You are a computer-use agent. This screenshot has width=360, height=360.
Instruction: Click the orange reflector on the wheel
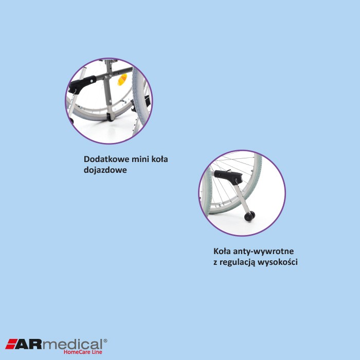tap(122, 80)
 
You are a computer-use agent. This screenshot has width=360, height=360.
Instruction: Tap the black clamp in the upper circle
tap(82, 84)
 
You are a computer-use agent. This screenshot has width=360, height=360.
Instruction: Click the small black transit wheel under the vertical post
tap(111, 117)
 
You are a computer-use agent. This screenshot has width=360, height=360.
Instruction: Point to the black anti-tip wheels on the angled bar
tap(249, 217)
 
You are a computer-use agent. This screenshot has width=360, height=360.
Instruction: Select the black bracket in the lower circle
tap(228, 176)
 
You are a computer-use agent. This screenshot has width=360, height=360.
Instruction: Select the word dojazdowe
tap(105, 170)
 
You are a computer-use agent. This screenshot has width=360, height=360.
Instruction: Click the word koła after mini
tap(160, 159)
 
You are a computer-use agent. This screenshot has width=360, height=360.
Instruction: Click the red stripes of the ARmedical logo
tap(11, 344)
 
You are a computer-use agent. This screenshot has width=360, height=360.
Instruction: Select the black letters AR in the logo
tap(29, 344)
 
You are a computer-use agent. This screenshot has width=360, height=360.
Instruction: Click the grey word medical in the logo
tap(73, 344)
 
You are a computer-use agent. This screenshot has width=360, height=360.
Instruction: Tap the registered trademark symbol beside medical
tap(105, 340)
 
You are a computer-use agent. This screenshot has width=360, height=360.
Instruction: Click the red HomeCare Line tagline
tap(83, 352)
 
